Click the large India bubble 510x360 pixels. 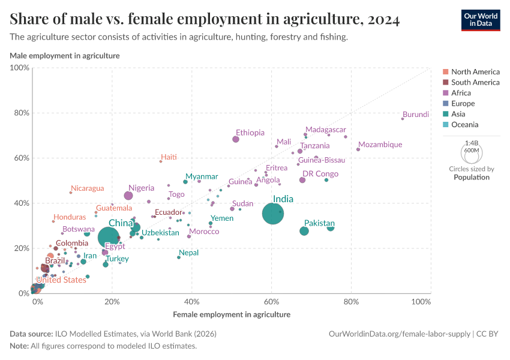click(x=273, y=214)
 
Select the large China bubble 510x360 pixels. click(x=109, y=238)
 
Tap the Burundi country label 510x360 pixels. click(x=416, y=115)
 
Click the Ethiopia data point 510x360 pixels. click(x=236, y=139)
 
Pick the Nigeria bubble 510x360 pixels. click(x=128, y=196)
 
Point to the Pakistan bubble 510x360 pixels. click(x=304, y=231)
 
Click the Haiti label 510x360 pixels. click(x=169, y=157)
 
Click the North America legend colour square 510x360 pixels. click(x=445, y=72)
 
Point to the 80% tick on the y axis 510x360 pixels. click(x=21, y=113)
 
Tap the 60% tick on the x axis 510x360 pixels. click(x=272, y=301)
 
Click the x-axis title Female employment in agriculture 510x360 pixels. click(x=232, y=314)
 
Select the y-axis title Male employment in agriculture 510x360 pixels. click(x=65, y=56)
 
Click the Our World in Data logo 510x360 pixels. click(x=481, y=20)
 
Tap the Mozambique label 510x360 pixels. click(x=380, y=145)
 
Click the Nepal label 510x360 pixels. click(x=188, y=253)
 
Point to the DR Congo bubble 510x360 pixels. click(x=302, y=180)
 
